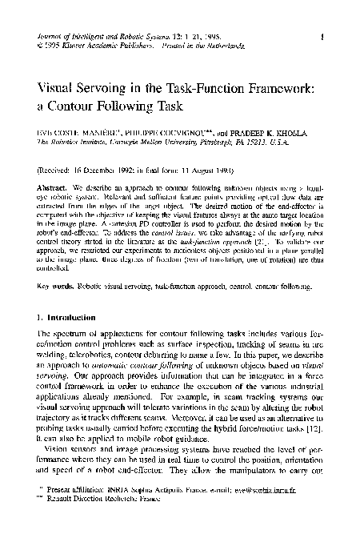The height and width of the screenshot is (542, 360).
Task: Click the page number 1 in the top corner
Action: click(319, 36)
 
